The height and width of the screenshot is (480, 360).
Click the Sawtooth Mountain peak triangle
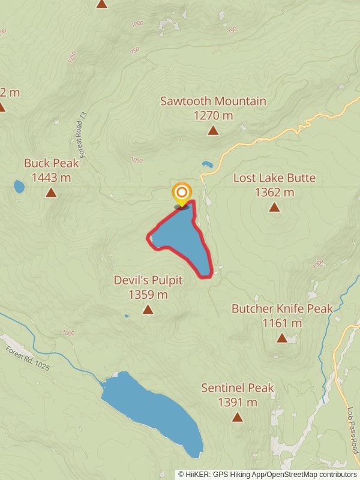coord(213,130)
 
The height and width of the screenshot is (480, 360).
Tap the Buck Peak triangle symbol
coord(51,193)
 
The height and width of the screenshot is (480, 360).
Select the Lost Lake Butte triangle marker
coord(274,208)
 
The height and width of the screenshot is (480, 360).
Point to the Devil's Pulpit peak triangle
coord(148,310)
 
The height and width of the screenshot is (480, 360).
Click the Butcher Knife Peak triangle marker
coord(282,338)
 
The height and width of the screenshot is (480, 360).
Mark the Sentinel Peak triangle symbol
coord(238,417)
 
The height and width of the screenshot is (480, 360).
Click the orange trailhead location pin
coord(181,193)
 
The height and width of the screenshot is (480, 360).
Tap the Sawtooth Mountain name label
coord(213,101)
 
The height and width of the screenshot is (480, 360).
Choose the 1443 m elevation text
coord(51,178)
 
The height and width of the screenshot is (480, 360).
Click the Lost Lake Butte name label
coord(274,178)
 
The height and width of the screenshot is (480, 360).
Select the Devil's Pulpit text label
coord(148,280)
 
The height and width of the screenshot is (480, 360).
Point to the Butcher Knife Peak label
coord(282,309)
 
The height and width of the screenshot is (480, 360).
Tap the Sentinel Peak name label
coord(238,388)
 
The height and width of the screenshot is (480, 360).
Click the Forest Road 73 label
coord(83,134)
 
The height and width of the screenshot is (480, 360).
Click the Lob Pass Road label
coord(352,431)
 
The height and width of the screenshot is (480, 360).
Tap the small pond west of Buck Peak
coord(19,187)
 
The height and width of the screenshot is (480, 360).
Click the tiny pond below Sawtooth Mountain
coord(207,164)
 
